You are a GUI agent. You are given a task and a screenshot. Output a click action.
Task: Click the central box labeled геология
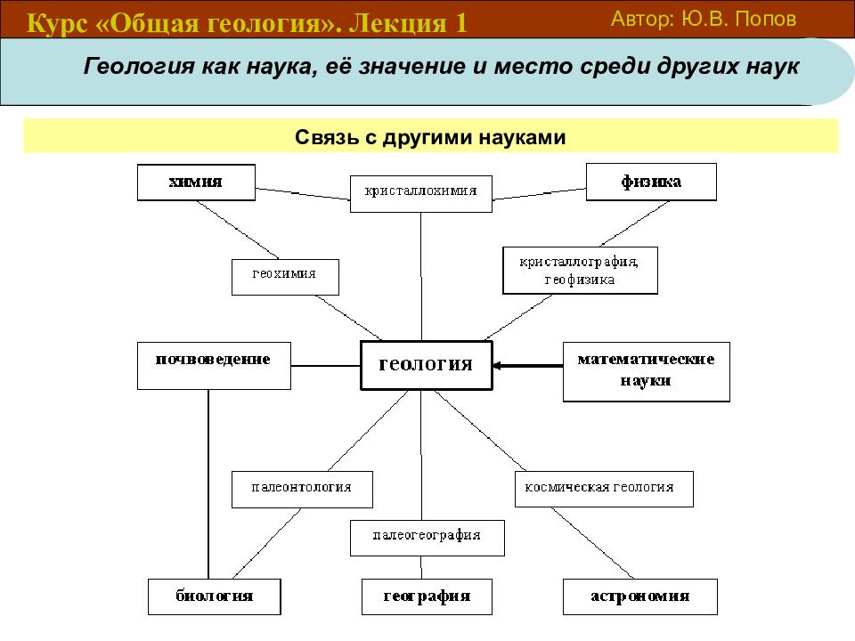click(427, 365)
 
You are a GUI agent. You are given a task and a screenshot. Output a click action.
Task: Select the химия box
click(196, 182)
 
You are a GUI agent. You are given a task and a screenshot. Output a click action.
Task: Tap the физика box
click(651, 182)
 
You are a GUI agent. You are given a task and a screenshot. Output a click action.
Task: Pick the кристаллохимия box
click(421, 193)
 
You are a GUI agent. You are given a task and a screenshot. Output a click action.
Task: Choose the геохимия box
click(285, 278)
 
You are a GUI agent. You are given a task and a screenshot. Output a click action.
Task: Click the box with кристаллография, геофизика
click(580, 271)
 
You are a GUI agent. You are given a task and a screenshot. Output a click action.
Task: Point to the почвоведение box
click(214, 366)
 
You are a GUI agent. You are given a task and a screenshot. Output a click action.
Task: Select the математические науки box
click(647, 372)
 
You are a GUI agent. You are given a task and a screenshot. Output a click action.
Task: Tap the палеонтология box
click(302, 490)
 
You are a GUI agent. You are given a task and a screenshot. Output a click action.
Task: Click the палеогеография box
click(427, 538)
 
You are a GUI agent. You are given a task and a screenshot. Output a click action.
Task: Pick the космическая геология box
click(604, 489)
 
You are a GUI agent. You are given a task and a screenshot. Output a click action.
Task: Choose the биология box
click(215, 596)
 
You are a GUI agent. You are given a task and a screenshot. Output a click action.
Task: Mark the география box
click(427, 596)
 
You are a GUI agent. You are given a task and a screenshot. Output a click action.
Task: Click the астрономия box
click(640, 596)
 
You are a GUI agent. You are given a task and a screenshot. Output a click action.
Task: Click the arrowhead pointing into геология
click(497, 366)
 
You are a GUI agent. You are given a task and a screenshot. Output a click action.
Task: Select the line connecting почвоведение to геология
click(326, 366)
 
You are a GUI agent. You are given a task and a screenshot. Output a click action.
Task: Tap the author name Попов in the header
click(766, 19)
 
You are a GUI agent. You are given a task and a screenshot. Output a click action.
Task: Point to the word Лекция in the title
click(398, 23)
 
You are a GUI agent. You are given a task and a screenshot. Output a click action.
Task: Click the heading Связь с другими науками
click(430, 137)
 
